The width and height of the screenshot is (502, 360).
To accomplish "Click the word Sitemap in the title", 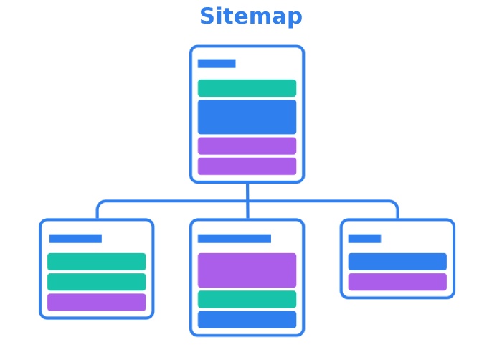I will (x=251, y=16).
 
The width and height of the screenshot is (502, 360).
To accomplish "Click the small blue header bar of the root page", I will (x=217, y=64).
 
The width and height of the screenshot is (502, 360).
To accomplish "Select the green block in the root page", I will (x=247, y=88).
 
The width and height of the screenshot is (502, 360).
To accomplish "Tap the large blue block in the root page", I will (x=247, y=117).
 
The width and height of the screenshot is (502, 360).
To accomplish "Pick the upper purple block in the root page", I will (x=247, y=146).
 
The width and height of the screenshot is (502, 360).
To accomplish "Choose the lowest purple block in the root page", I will (x=247, y=166).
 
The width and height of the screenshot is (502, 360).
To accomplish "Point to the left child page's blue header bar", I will (x=75, y=239).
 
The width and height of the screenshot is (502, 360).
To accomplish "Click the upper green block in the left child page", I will (x=97, y=262).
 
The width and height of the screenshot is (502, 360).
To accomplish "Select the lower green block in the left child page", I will (x=97, y=282).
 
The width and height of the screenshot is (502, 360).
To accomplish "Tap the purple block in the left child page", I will (x=97, y=302).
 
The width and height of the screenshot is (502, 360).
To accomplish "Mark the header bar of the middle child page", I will (x=235, y=239).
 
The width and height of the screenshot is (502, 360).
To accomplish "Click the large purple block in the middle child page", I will (x=247, y=270).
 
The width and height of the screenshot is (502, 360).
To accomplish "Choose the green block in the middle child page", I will (x=247, y=299).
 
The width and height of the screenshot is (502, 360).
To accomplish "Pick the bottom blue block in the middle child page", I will (x=247, y=319).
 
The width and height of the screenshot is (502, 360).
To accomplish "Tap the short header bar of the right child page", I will (x=364, y=239).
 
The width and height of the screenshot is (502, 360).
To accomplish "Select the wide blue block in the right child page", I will (x=397, y=262).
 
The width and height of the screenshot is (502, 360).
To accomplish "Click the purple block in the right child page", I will (x=397, y=282).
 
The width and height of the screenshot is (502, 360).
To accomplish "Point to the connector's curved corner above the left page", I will (x=100, y=204).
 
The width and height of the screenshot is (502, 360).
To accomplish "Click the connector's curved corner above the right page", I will (x=394, y=204).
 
